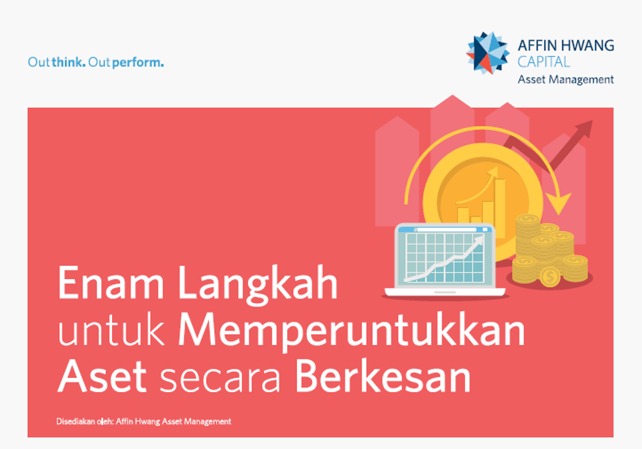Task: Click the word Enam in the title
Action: tap(111, 283)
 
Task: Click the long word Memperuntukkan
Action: tap(352, 332)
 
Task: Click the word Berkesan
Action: tap(383, 376)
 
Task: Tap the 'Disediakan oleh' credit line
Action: tap(144, 422)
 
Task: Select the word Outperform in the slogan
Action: tap(126, 63)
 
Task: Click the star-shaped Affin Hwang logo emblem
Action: tap(487, 53)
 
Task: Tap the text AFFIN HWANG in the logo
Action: tap(566, 46)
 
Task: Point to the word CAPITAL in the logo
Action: tap(544, 62)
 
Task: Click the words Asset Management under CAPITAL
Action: tap(566, 80)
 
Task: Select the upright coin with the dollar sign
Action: tap(550, 277)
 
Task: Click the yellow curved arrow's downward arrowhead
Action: tap(559, 204)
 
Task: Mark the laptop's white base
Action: tap(445, 291)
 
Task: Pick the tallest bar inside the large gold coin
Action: tap(500, 207)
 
